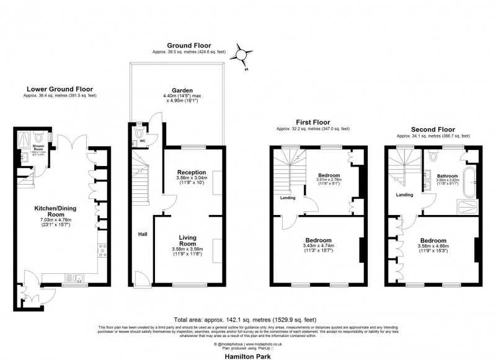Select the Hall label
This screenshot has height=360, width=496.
tap(143, 235)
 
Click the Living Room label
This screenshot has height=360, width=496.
tap(187, 241)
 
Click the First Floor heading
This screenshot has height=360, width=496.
tap(312, 123)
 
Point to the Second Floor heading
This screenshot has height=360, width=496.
tap(433, 130)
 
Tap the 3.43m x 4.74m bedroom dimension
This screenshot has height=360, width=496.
tap(319, 246)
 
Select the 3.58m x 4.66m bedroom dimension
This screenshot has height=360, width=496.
tap(432, 246)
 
